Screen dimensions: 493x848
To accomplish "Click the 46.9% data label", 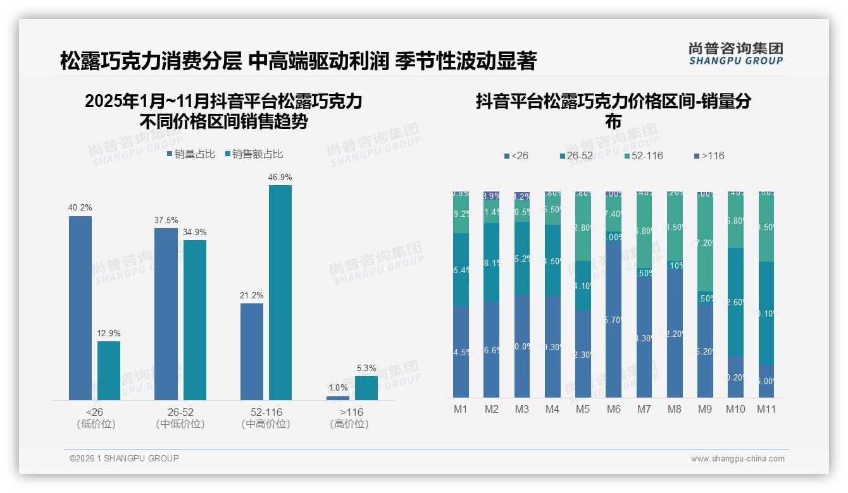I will coord(280,178).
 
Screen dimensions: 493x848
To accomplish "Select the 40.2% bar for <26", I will coord(80,308).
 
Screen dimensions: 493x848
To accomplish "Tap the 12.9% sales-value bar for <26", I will coord(109,370).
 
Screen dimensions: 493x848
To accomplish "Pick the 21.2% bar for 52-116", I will coord(252,351).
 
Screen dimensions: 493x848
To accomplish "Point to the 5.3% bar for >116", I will coord(366,388).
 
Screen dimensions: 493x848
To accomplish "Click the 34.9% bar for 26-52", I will coord(195,320).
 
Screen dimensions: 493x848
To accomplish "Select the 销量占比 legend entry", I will coord(191,154).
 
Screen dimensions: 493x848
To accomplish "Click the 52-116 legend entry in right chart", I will coord(644,155).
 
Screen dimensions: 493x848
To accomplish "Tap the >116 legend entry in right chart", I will coord(709,155).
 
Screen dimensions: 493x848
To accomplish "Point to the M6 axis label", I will coord(613,409).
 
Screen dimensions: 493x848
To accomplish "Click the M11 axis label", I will coord(766,409).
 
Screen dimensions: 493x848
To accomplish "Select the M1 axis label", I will coord(461,409).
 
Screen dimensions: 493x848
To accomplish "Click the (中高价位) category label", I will coord(266,424).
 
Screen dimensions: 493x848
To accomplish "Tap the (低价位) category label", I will coord(96,424).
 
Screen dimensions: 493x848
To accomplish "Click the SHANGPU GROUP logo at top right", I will coord(735,54).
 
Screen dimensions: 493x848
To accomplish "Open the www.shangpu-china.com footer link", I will coord(737,459).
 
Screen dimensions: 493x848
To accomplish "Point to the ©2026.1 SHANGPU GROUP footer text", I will coord(124,458).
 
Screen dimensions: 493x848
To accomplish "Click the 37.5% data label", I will coord(166,221).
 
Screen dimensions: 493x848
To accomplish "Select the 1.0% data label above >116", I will coord(338,388).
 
